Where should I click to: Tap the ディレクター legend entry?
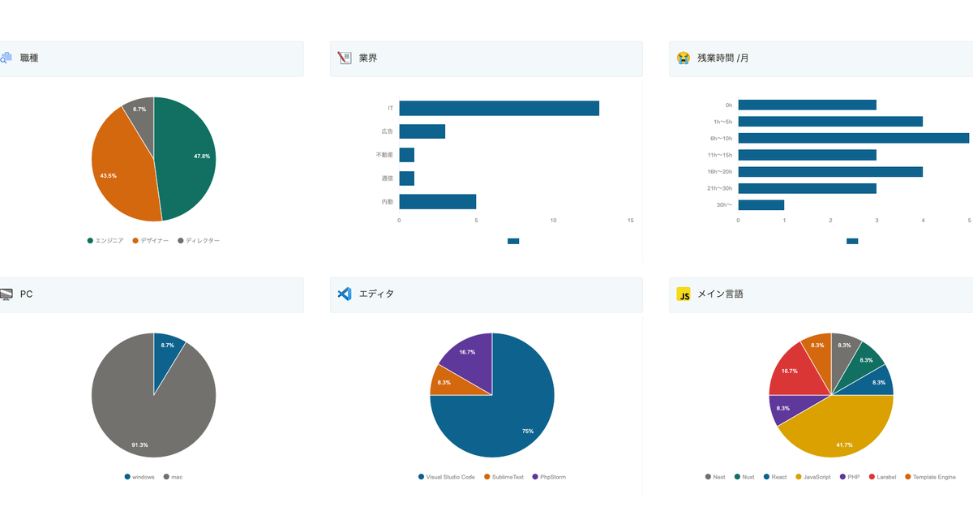pos(198,241)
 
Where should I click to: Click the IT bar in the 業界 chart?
pos(499,109)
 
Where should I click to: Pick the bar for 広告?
pos(422,131)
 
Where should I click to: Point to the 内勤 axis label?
pos(387,202)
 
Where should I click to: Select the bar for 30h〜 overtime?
pos(761,205)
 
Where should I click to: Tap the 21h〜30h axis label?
pos(718,189)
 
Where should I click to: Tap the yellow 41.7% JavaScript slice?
pos(835,434)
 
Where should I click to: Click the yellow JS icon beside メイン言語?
pos(684,294)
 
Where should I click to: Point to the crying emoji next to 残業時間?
pos(684,58)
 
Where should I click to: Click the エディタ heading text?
pos(376,294)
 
